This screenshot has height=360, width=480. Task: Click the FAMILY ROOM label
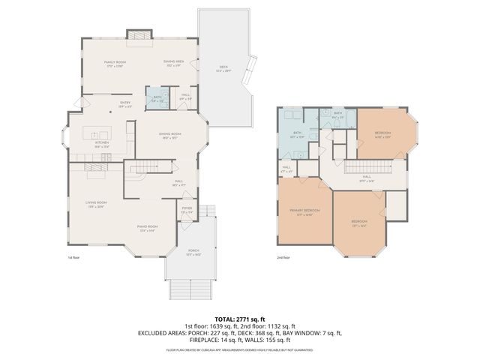(x=114, y=62)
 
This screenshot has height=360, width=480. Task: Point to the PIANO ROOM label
(x=147, y=226)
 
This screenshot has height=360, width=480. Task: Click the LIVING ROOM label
(x=94, y=202)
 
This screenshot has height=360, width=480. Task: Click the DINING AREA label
(x=174, y=62)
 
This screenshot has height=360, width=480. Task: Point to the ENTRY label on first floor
(x=125, y=103)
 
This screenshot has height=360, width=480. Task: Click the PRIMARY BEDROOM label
(x=304, y=211)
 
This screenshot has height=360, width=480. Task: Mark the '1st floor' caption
(x=73, y=257)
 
